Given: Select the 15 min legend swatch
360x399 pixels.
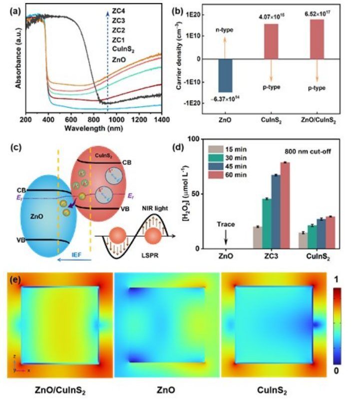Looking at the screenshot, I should point(216,149).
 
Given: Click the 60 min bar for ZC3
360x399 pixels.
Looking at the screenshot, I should point(285,205).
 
